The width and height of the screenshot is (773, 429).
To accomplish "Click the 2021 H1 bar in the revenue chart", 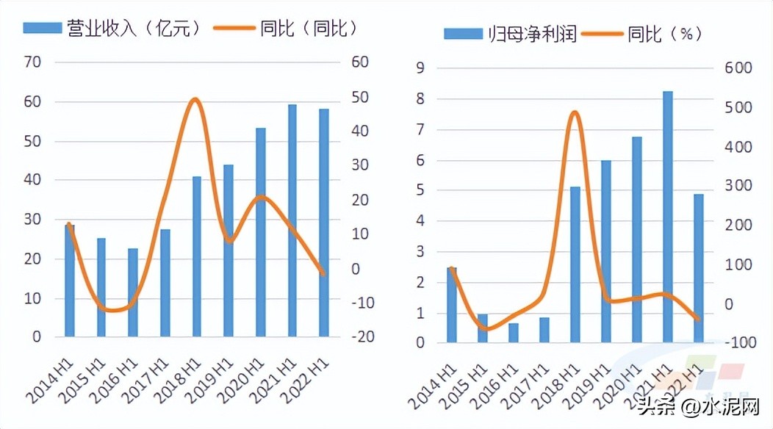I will click(292, 220).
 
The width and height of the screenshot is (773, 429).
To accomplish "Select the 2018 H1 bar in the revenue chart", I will click(197, 256).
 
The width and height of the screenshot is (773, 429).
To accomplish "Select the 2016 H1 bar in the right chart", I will click(514, 333).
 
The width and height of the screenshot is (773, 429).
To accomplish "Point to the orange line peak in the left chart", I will click(195, 99).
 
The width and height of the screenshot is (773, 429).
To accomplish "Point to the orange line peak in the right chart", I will click(575, 112).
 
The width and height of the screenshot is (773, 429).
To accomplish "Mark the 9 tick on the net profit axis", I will click(421, 68).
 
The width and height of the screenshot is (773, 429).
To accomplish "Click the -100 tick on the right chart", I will click(737, 343).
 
